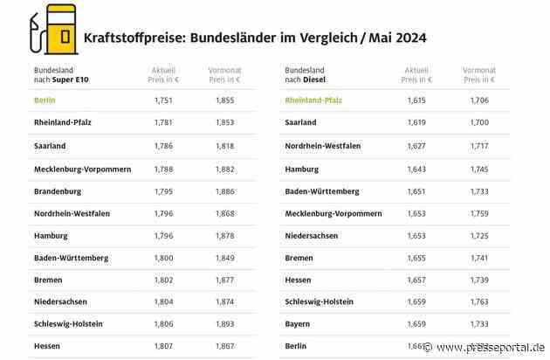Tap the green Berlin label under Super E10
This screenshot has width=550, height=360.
coord(45,100)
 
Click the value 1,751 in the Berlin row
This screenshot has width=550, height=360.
coord(163,100)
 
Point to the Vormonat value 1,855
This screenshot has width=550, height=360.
coord(225,100)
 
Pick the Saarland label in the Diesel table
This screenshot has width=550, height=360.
coord(300,123)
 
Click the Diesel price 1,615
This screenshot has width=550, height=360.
coord(416,100)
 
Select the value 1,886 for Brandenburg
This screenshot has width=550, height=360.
coord(225,190)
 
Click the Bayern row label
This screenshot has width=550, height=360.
coord(297,324)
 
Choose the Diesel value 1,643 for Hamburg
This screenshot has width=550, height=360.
coord(416,169)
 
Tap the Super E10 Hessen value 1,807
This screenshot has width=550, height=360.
coord(163,346)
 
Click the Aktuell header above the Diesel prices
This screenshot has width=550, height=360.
coord(416,69)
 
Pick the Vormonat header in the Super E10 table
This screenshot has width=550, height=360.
coord(225,69)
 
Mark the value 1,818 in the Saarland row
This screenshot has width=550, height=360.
coord(225,146)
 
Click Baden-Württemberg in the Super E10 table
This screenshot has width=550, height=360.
coord(72,258)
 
